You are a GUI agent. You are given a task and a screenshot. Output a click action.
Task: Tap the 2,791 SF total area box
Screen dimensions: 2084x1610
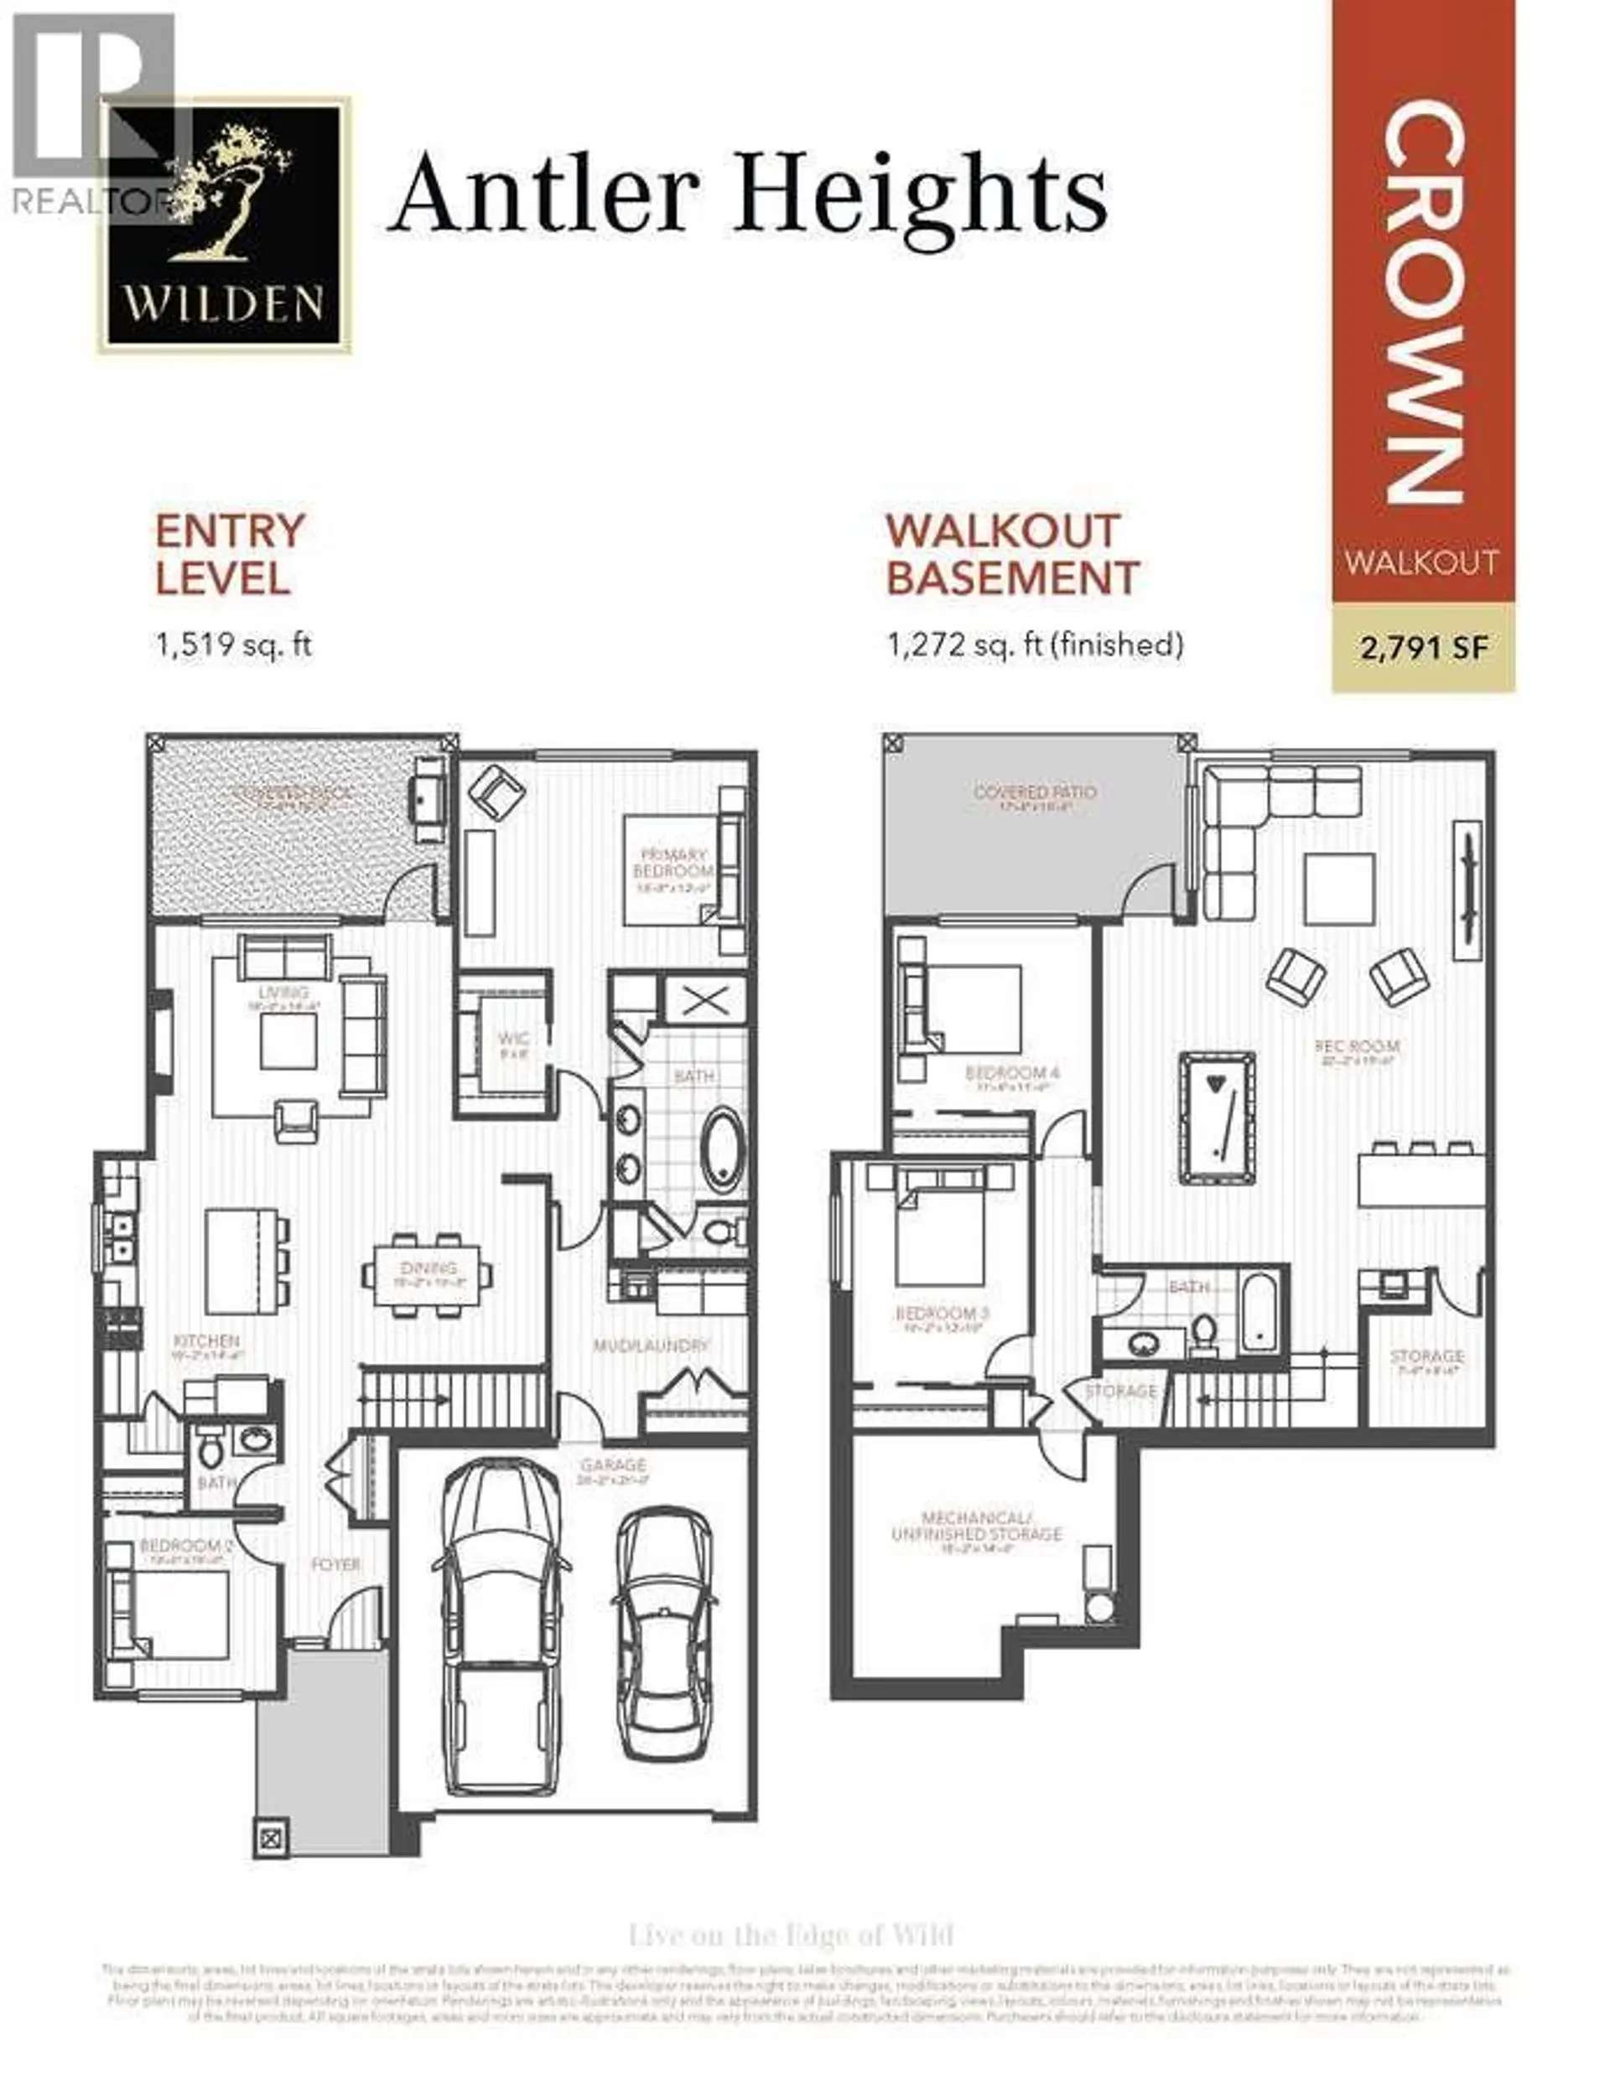tap(1423, 648)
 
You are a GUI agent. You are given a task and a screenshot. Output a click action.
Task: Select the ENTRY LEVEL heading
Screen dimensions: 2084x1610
tap(230, 554)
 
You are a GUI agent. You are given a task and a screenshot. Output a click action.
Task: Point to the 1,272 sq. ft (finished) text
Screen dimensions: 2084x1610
tap(1035, 645)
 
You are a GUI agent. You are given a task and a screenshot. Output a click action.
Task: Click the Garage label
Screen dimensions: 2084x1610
tap(612, 1464)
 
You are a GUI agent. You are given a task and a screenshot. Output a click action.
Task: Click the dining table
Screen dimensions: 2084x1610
tap(428, 1274)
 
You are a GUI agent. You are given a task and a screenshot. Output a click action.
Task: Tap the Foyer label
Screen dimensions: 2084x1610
tap(336, 1565)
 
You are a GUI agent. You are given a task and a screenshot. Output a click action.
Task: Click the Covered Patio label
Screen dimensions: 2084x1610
tap(1035, 792)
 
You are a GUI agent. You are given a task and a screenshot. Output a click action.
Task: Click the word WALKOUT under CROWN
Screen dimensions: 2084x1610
tap(1421, 561)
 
